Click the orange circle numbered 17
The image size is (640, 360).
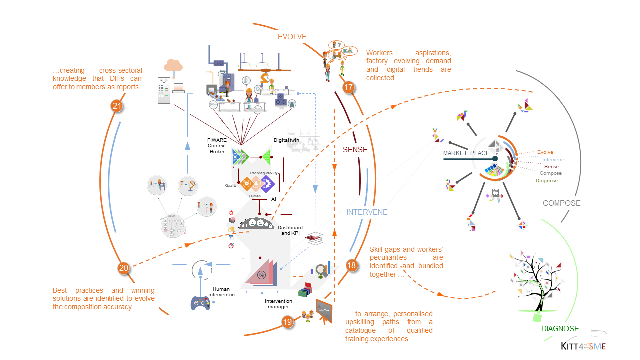348,88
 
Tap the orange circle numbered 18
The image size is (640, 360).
352,265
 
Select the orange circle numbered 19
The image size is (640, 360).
287,322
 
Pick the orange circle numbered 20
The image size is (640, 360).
124,268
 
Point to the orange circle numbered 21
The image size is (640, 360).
117,106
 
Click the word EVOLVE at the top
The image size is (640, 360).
292,37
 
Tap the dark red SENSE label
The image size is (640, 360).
355,149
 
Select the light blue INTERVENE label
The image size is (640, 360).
367,212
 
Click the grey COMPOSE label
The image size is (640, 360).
562,203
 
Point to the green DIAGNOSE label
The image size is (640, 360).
560,329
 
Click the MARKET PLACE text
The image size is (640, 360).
466,153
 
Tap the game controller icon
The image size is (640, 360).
201,303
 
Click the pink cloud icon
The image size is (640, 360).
173,65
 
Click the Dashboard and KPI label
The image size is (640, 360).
290,230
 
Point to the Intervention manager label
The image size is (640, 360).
278,304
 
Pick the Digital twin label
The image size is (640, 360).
287,140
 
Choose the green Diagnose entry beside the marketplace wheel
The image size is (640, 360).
546,181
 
